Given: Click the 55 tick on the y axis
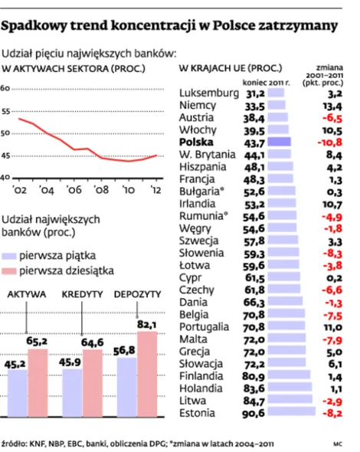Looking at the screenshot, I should coord(5,111).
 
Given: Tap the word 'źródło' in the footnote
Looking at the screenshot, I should coord(16,442).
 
